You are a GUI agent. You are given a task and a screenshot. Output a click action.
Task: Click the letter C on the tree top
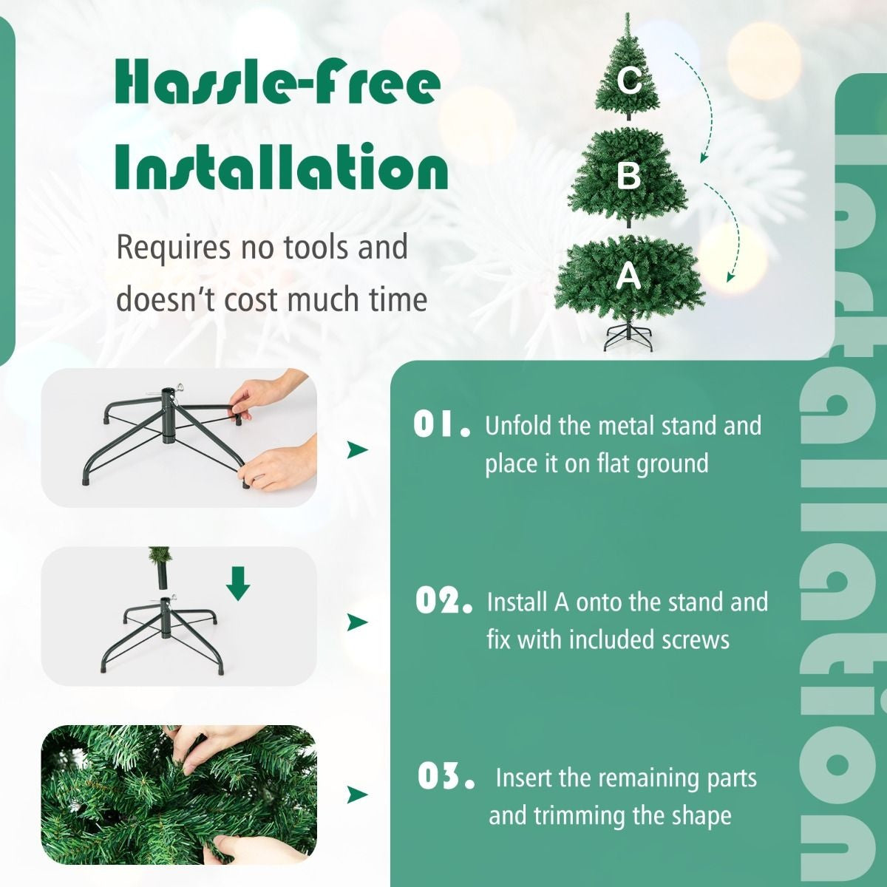[629, 79]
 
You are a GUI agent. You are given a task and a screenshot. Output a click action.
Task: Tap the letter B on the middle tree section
[628, 176]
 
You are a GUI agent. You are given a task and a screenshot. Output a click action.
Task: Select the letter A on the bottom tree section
[628, 276]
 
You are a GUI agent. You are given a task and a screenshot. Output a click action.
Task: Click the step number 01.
[441, 425]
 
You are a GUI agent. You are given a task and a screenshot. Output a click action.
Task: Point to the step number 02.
[443, 601]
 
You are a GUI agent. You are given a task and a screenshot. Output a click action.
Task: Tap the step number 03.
[446, 777]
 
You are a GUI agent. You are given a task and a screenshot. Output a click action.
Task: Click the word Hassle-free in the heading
[278, 83]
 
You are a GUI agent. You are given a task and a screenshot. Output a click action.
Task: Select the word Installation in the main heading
[282, 168]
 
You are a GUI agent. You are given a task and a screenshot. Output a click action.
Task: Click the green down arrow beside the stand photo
[238, 583]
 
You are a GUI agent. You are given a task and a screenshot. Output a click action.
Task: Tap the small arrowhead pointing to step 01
[358, 449]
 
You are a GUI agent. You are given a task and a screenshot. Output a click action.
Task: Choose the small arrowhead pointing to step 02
[358, 622]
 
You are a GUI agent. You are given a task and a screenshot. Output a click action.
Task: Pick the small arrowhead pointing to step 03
[358, 795]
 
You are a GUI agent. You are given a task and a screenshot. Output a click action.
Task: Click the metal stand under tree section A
[628, 337]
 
